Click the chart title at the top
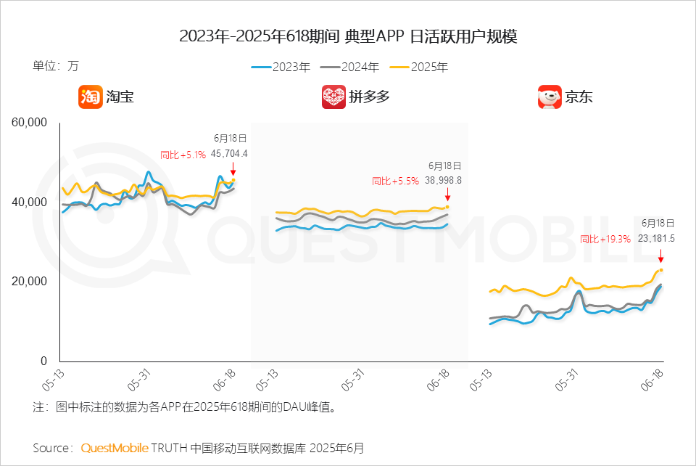348,36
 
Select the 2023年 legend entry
281,67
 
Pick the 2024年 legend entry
349,67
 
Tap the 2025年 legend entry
419,67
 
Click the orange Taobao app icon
91,97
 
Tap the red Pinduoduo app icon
333,97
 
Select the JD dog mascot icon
550,97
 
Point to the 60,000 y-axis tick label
29,123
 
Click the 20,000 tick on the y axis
29,281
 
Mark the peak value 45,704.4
229,154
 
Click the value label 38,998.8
443,180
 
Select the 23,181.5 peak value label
656,239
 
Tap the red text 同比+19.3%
605,239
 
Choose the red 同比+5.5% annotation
396,181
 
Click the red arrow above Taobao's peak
233,169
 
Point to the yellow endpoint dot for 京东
661,270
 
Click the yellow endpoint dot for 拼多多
447,207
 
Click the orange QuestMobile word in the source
115,448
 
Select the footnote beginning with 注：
184,407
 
